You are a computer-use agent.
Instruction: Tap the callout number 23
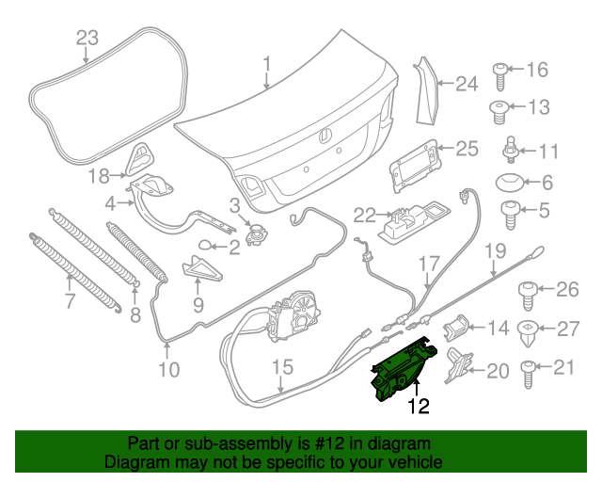[x=87, y=39]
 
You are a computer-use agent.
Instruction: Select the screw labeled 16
[x=501, y=71]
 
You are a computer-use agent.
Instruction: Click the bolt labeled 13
[x=501, y=109]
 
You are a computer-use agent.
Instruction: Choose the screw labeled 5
[x=509, y=214]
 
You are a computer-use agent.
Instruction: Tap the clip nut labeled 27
[x=531, y=330]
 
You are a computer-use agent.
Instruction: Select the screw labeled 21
[x=531, y=369]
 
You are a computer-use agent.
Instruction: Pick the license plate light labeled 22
[x=402, y=223]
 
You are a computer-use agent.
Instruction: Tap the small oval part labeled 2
[x=205, y=248]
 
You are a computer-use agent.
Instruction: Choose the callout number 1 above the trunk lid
[x=266, y=65]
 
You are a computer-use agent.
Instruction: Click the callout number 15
[x=283, y=367]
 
